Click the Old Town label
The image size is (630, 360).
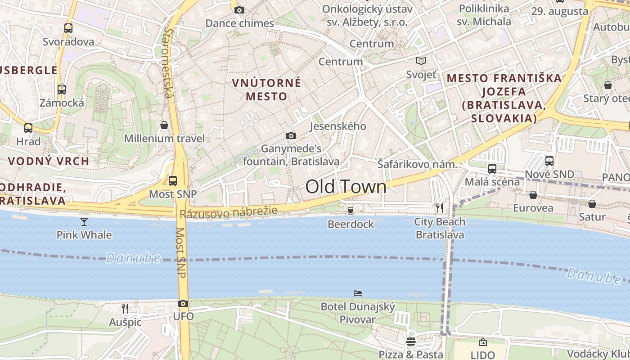[x=346, y=187]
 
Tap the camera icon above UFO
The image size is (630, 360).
[x=183, y=304]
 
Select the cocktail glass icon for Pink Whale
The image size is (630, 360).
[x=84, y=221]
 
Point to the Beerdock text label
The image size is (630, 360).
[x=351, y=224]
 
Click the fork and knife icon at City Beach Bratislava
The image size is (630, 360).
[x=440, y=208]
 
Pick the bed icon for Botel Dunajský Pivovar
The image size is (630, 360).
[x=358, y=293]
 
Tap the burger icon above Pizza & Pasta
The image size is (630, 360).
[x=410, y=342]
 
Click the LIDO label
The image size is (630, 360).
[x=482, y=355]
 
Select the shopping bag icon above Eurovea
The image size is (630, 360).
[x=533, y=195]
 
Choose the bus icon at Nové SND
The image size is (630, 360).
[x=549, y=161]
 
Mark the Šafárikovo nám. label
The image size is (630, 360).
[x=417, y=165]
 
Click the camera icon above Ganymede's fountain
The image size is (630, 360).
[x=291, y=135]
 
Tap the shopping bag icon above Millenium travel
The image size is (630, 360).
[x=164, y=125]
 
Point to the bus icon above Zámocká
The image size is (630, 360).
[x=62, y=90]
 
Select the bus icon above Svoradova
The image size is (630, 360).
[x=68, y=28]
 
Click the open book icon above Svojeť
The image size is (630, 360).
[x=421, y=61]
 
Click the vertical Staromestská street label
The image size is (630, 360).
[x=168, y=63]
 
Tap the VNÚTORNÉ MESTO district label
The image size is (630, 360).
[x=266, y=90]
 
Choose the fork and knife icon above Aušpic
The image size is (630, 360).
[x=125, y=308]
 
